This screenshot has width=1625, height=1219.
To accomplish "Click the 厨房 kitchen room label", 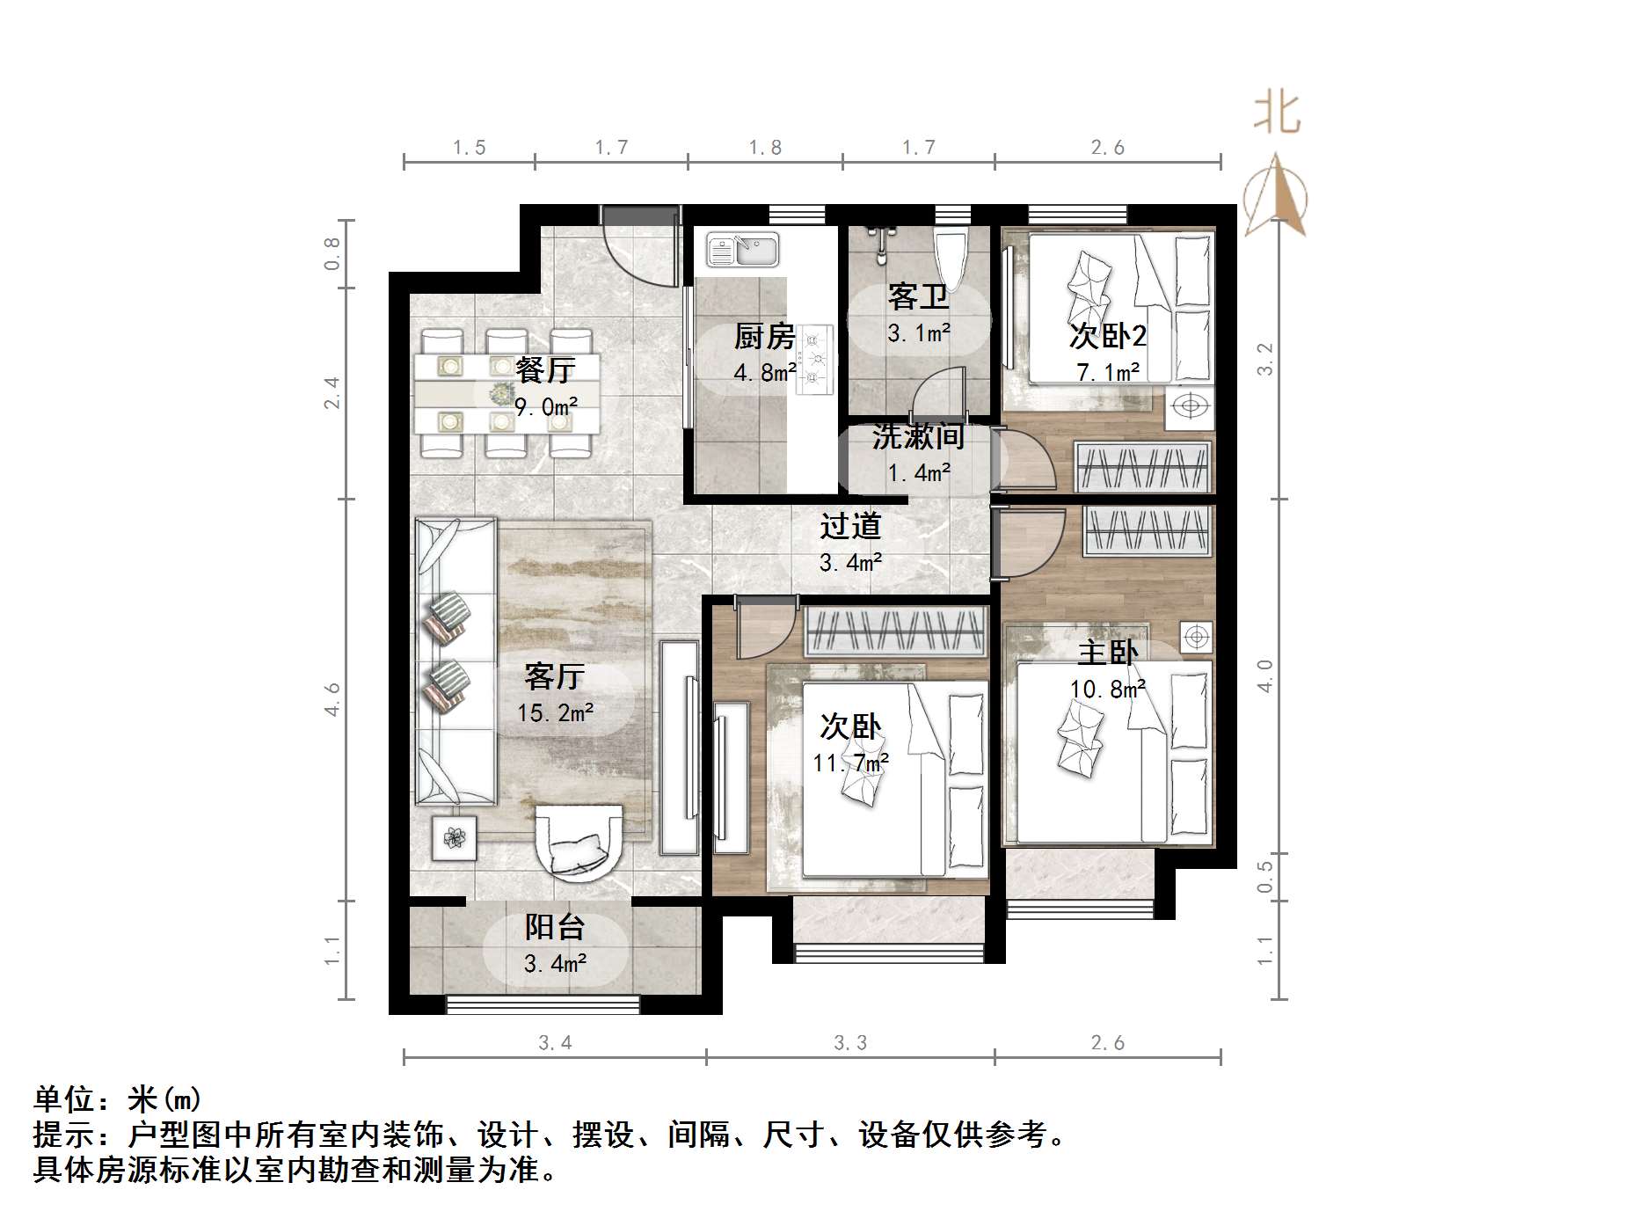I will (764, 336).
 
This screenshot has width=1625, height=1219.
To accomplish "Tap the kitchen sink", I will (743, 249).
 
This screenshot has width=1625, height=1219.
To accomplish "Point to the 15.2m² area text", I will (555, 712).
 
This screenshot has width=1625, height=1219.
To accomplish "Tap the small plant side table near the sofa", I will (454, 837).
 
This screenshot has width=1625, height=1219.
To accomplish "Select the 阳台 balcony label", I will (555, 927).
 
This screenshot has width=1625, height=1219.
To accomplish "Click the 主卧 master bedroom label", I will (1108, 653).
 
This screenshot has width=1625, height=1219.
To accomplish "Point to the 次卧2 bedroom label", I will (1108, 336).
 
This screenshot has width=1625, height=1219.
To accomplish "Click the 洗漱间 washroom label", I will (918, 437).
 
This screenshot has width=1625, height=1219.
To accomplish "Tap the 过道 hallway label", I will (850, 526).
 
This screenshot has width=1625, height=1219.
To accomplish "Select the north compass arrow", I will (1276, 195).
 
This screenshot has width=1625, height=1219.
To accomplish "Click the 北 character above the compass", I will (1276, 114).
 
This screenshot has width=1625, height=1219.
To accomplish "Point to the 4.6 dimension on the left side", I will (332, 699).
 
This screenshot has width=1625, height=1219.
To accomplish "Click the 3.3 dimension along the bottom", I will (850, 1043).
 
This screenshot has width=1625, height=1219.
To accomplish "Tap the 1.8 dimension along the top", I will (765, 148).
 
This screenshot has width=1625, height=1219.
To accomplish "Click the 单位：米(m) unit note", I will (118, 1099).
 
